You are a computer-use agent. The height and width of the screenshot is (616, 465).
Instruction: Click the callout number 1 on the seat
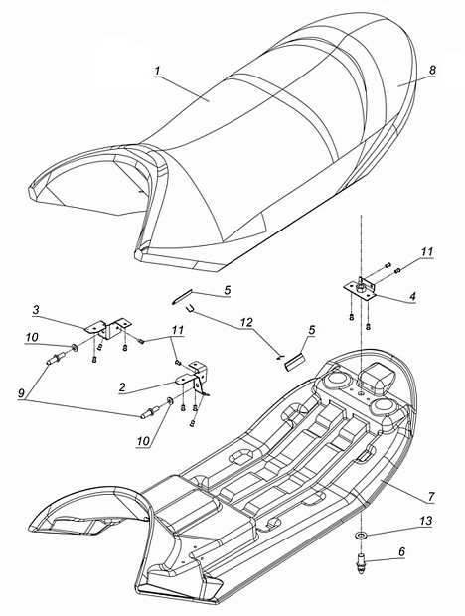(x=158, y=72)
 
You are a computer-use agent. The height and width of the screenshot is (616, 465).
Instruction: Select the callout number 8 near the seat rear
(x=432, y=71)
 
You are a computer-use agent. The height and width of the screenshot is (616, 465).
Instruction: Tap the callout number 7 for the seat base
(x=431, y=497)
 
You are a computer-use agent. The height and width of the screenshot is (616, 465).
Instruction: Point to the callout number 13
(x=425, y=521)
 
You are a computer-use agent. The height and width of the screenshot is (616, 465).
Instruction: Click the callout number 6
(x=401, y=552)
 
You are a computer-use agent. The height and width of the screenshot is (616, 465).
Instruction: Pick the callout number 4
(x=412, y=297)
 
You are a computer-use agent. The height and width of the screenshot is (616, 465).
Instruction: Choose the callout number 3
(x=36, y=310)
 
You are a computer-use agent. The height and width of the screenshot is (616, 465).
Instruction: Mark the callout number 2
(x=122, y=387)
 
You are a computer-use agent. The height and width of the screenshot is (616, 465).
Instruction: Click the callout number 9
(x=22, y=393)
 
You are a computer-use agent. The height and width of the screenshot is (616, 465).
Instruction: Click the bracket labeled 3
(x=108, y=329)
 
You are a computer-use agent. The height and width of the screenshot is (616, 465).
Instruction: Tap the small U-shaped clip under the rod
(x=190, y=309)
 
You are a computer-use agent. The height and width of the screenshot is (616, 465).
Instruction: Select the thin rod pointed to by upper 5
(x=182, y=296)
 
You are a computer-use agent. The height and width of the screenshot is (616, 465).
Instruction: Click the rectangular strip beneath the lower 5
(x=294, y=362)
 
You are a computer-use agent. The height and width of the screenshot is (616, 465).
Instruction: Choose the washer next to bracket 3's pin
(x=74, y=348)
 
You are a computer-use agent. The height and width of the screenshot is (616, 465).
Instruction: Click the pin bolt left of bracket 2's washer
(x=150, y=411)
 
